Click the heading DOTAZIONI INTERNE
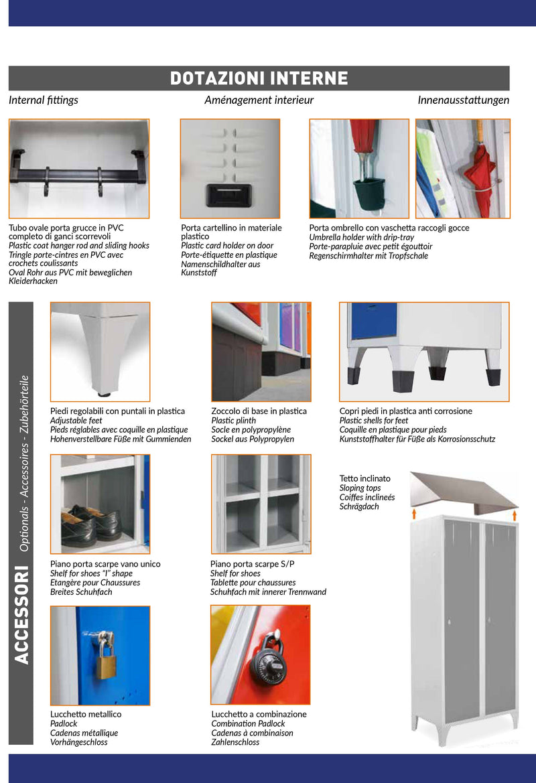tap(259, 78)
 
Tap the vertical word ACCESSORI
tap(21, 615)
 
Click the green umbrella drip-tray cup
tap(365, 192)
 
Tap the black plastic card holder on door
tap(230, 195)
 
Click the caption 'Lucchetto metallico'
tap(86, 714)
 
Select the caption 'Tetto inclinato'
tap(364, 478)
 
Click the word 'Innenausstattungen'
tap(463, 100)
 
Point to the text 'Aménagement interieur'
tap(259, 100)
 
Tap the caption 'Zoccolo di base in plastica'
tap(259, 411)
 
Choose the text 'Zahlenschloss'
tap(235, 742)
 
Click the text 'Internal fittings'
tap(44, 100)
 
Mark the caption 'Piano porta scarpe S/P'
tap(252, 564)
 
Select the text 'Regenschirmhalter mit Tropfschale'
tap(368, 256)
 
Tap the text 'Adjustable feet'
tap(76, 421)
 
